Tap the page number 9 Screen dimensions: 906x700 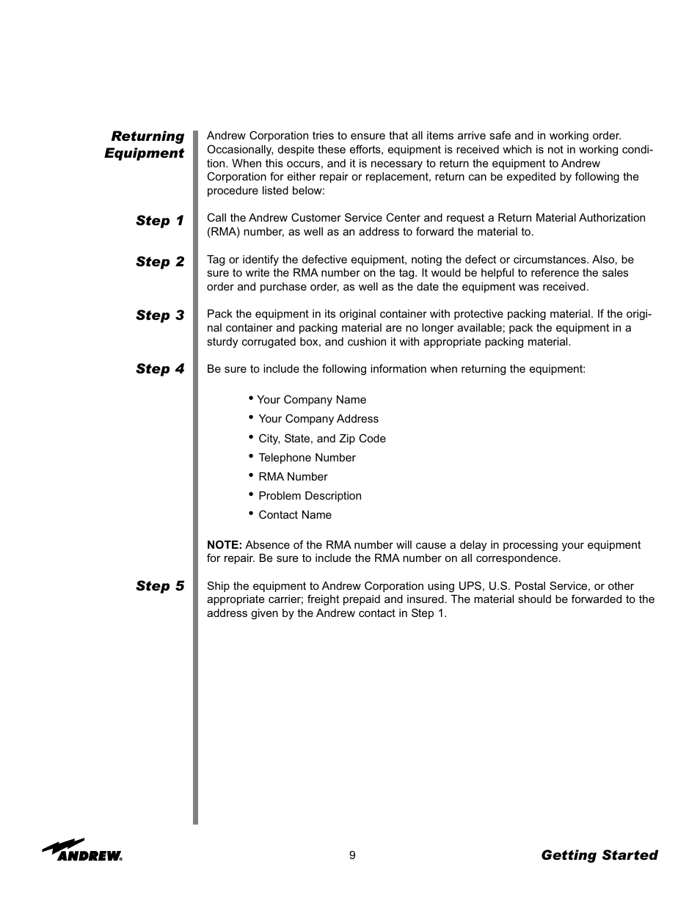point(352,855)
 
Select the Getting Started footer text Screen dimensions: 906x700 point(599,855)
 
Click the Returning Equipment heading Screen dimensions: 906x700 point(145,145)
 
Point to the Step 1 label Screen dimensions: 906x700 point(160,221)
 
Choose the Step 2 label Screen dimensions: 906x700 point(160,262)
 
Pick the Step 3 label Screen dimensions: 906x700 point(160,315)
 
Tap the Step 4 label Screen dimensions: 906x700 point(160,369)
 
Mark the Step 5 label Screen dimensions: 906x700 point(160,586)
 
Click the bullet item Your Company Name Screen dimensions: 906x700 point(311,400)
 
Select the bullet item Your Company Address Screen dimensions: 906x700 point(318,419)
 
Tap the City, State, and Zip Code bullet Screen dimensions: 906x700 point(321,439)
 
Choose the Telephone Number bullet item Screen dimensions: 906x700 point(307,458)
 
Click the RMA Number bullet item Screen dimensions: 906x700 point(293,477)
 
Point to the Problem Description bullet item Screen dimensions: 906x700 point(310,496)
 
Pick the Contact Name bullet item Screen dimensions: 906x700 point(295,515)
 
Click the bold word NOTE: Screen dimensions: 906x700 point(224,545)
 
